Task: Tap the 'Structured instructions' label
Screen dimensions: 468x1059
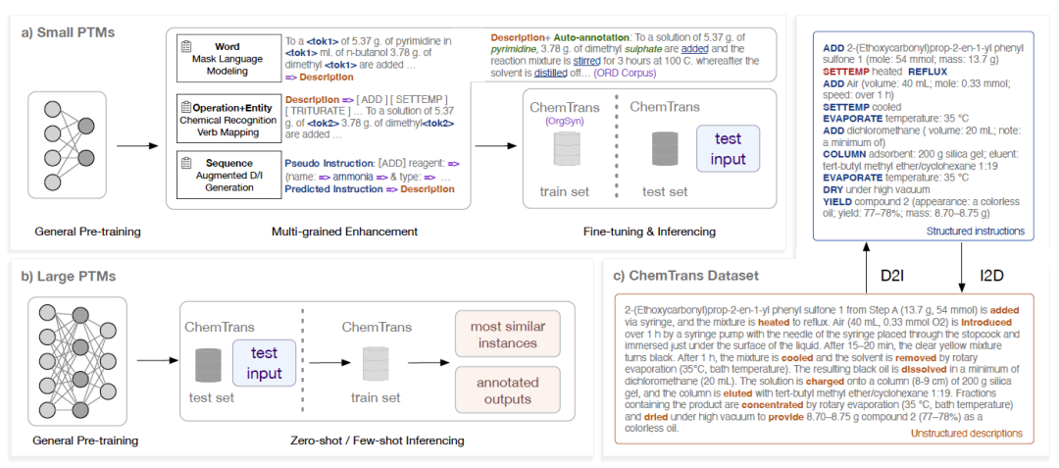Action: tap(977, 232)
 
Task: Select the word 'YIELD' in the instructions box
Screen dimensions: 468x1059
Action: tap(844, 199)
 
